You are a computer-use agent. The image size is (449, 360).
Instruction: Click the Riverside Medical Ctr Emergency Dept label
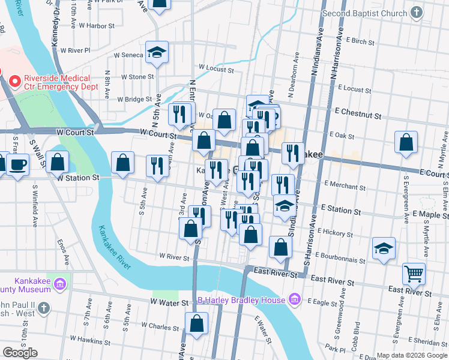point(58,82)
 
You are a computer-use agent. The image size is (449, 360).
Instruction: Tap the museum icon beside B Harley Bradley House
point(294,298)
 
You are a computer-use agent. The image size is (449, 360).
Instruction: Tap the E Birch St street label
point(360,42)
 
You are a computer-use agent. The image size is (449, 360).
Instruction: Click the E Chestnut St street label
point(359,113)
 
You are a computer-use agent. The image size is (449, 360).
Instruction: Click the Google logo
point(20,352)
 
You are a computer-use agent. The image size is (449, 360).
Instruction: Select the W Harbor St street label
point(95,26)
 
